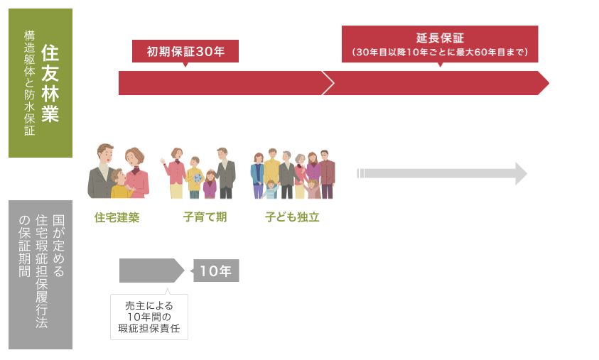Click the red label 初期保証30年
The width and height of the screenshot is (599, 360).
coord(185,51)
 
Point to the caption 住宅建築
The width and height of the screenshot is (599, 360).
coord(117,217)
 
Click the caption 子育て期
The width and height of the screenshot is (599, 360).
coord(205,217)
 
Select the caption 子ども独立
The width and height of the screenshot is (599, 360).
coord(292,217)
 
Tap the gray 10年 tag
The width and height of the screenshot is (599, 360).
coord(216,271)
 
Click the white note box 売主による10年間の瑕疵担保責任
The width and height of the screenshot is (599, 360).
coord(149,317)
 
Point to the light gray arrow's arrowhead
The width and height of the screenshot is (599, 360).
coord(521,173)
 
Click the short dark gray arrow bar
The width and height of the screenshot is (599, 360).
coord(149,271)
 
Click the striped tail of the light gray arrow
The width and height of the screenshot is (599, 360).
coord(362,173)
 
